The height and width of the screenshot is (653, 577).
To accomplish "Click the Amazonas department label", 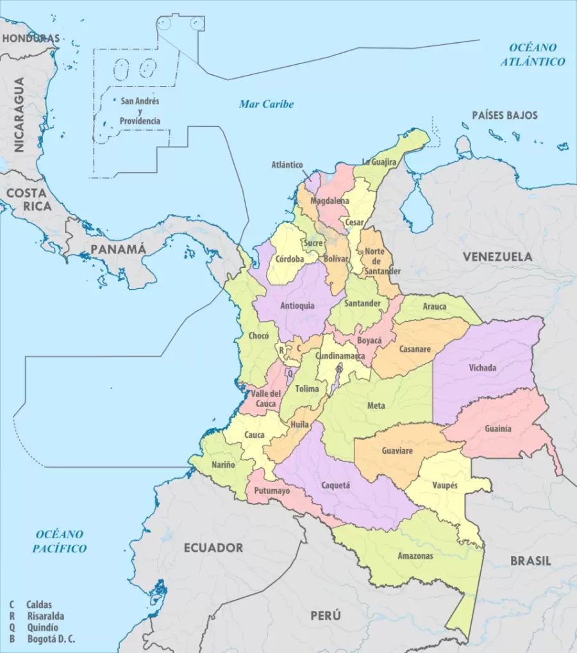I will pyautogui.click(x=415, y=556).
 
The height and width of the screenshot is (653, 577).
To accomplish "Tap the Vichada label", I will pyautogui.click(x=482, y=368).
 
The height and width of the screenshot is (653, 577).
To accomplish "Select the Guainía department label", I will pyautogui.click(x=498, y=429).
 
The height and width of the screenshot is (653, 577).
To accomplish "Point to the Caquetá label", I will pyautogui.click(x=335, y=485).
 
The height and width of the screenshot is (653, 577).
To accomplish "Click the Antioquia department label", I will pyautogui.click(x=297, y=306).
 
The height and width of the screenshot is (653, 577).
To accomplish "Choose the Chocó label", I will pyautogui.click(x=258, y=336).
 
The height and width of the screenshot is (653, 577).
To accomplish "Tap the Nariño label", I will pyautogui.click(x=222, y=464).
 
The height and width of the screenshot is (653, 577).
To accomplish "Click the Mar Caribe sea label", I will pyautogui.click(x=266, y=104).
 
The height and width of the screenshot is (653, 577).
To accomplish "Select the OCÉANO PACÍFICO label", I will pyautogui.click(x=60, y=541).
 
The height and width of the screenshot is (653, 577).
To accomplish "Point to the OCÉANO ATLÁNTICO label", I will pyautogui.click(x=533, y=54).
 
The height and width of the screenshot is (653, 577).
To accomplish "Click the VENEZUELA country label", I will pyautogui.click(x=498, y=256).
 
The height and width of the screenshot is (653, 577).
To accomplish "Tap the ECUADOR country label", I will pyautogui.click(x=213, y=548).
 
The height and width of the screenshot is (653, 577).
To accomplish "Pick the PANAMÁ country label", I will pyautogui.click(x=118, y=249).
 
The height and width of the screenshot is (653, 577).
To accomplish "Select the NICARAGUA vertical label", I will pyautogui.click(x=19, y=115).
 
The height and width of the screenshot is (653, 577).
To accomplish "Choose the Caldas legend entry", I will pyautogui.click(x=39, y=604).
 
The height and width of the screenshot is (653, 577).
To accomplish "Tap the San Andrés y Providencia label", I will pyautogui.click(x=140, y=111).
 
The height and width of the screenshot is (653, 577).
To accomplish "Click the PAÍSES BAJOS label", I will pyautogui.click(x=505, y=115).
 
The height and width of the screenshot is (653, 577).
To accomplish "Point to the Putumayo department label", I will pyautogui.click(x=272, y=491).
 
